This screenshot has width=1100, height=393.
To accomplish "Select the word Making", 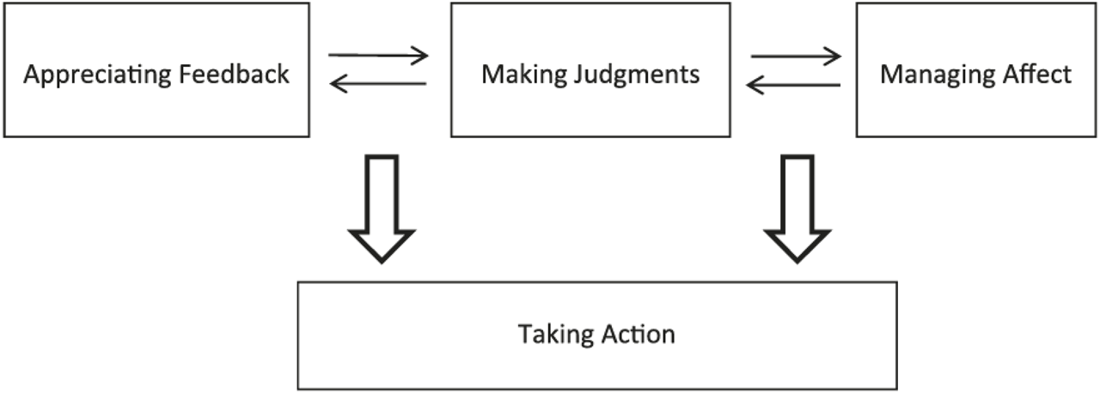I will (513, 75).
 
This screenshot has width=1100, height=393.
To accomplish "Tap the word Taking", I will (547, 334).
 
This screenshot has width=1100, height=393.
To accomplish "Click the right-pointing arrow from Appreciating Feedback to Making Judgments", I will (378, 57).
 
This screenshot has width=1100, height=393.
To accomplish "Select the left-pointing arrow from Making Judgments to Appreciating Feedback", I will (378, 83).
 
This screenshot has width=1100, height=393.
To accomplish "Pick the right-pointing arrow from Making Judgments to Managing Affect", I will (796, 57).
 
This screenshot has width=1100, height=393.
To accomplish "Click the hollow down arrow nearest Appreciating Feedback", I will (381, 206).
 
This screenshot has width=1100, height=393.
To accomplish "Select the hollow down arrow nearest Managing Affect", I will (797, 206).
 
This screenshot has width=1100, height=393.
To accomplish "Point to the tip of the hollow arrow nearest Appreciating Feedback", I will (381, 259).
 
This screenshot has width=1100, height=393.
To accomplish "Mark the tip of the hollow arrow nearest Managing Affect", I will (797, 259).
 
